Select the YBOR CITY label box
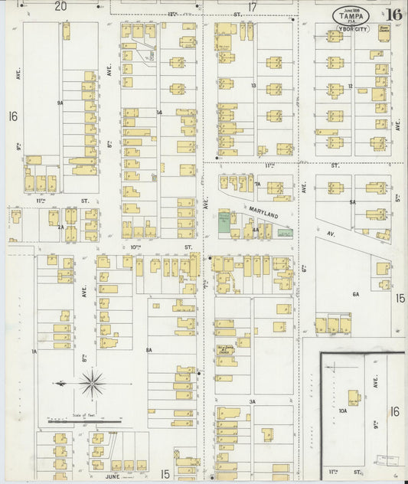tap(350, 29)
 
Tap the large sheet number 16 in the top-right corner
tap(394, 15)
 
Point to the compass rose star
tap(92, 383)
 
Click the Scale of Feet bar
tap(84, 421)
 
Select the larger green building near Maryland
tap(224, 221)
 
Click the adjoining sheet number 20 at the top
tap(60, 6)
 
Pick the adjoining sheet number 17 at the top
tap(252, 6)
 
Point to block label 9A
tap(59, 102)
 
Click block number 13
tap(253, 86)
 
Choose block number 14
tap(159, 113)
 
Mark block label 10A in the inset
tap(343, 410)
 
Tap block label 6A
tap(355, 294)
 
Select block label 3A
tap(251, 401)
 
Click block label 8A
tap(149, 350)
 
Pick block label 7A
tap(258, 185)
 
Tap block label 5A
tap(353, 202)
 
